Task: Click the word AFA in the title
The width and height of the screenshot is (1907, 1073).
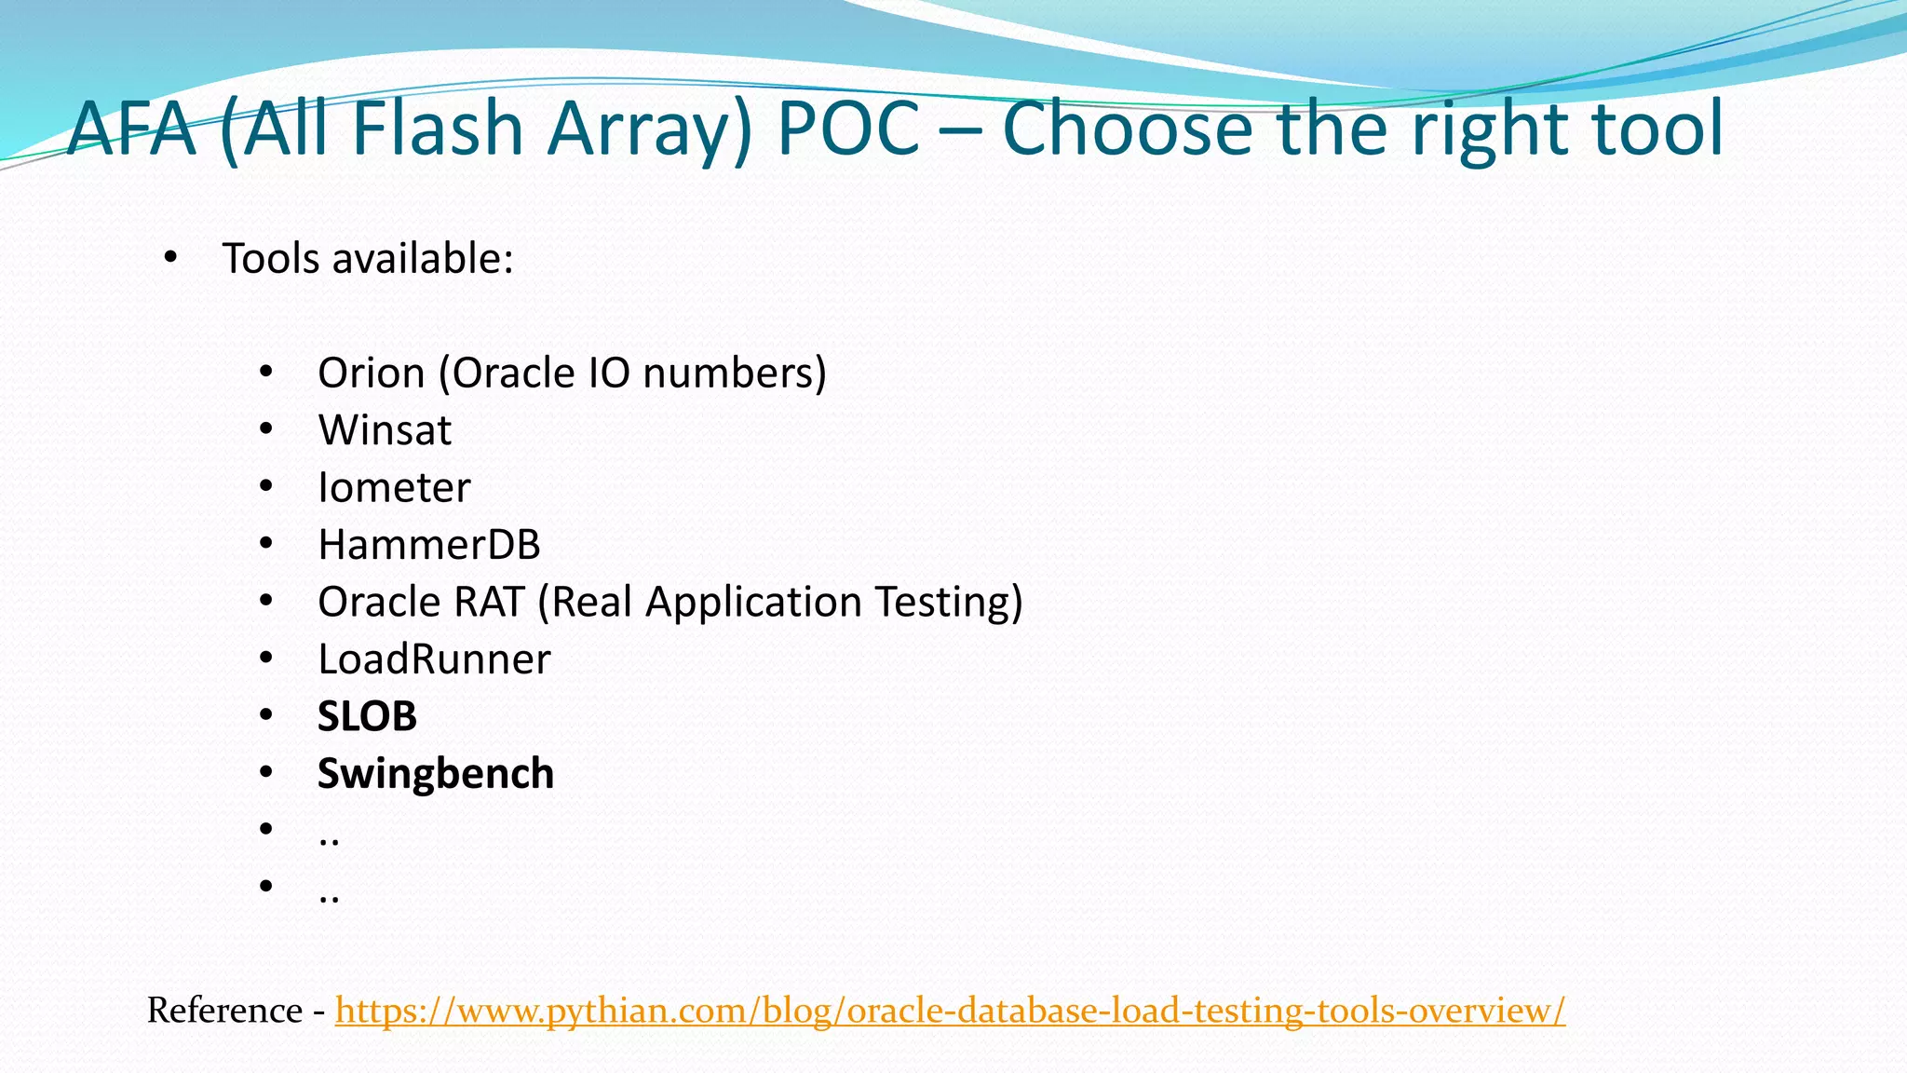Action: pos(131,129)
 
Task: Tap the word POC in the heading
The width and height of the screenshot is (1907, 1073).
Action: pos(848,129)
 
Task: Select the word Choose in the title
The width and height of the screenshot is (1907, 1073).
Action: pos(1128,129)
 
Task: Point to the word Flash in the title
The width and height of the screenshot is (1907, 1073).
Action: pos(436,129)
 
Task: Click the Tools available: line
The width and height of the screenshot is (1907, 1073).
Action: pos(368,259)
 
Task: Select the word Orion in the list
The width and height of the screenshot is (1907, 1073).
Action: pos(372,374)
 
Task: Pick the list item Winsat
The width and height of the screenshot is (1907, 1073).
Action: pos(385,430)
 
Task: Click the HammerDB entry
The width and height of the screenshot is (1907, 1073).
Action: pos(428,545)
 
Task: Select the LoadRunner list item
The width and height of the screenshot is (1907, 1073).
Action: pos(434,659)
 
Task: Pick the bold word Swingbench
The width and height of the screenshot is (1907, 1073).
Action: pos(436,774)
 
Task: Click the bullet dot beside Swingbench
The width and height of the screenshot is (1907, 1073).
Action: pos(266,772)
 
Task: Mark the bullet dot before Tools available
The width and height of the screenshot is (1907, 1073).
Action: pos(169,258)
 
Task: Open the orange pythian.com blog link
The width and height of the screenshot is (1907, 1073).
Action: pos(950,1011)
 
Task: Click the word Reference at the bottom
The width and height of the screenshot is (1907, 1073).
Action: pos(224,1011)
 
